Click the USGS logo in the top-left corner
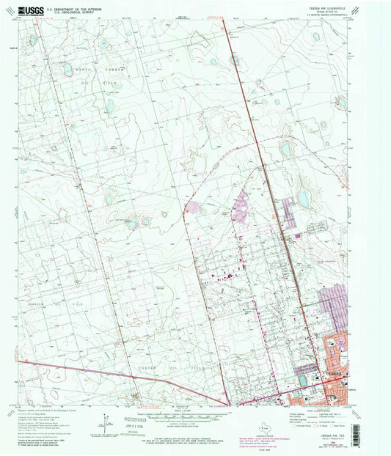coord(28,10)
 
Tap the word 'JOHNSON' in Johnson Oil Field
coord(45,302)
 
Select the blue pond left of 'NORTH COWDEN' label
coord(67,72)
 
